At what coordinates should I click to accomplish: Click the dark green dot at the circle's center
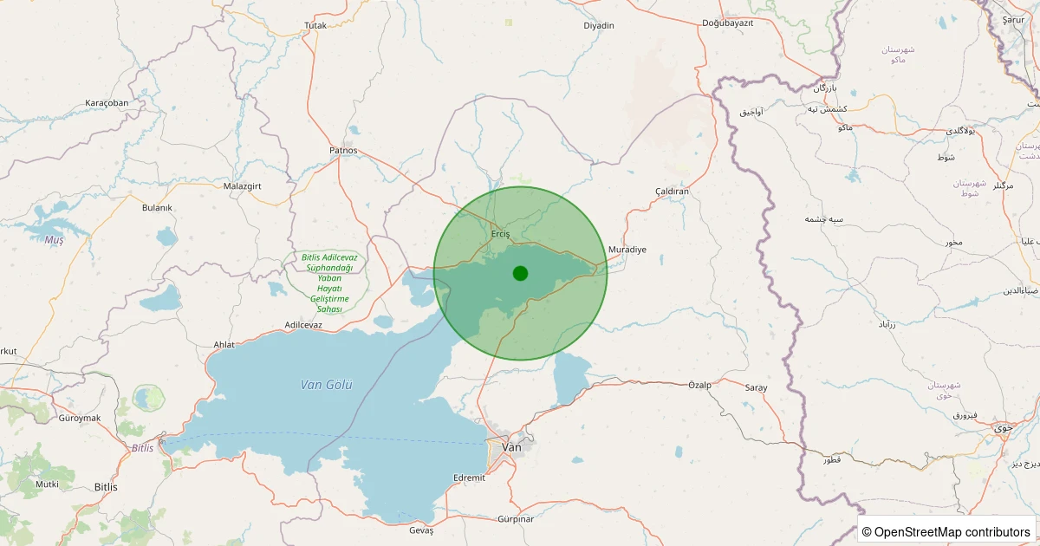520,273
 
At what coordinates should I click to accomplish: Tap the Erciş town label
501,234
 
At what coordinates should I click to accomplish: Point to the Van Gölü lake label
327,385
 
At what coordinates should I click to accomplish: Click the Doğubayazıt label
728,23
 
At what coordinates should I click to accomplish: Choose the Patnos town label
343,150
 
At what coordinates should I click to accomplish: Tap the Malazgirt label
243,186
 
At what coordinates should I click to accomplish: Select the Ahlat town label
224,345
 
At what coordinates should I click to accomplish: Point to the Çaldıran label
672,191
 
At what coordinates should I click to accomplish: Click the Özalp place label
699,384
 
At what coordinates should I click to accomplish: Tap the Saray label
756,388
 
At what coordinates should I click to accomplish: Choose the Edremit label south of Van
470,478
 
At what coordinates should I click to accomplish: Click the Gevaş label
420,530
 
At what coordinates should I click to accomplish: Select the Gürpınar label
516,518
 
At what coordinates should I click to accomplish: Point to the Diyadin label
599,26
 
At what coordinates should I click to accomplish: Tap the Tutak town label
315,26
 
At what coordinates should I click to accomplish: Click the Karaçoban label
107,103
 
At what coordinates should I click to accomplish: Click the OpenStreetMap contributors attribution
946,532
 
